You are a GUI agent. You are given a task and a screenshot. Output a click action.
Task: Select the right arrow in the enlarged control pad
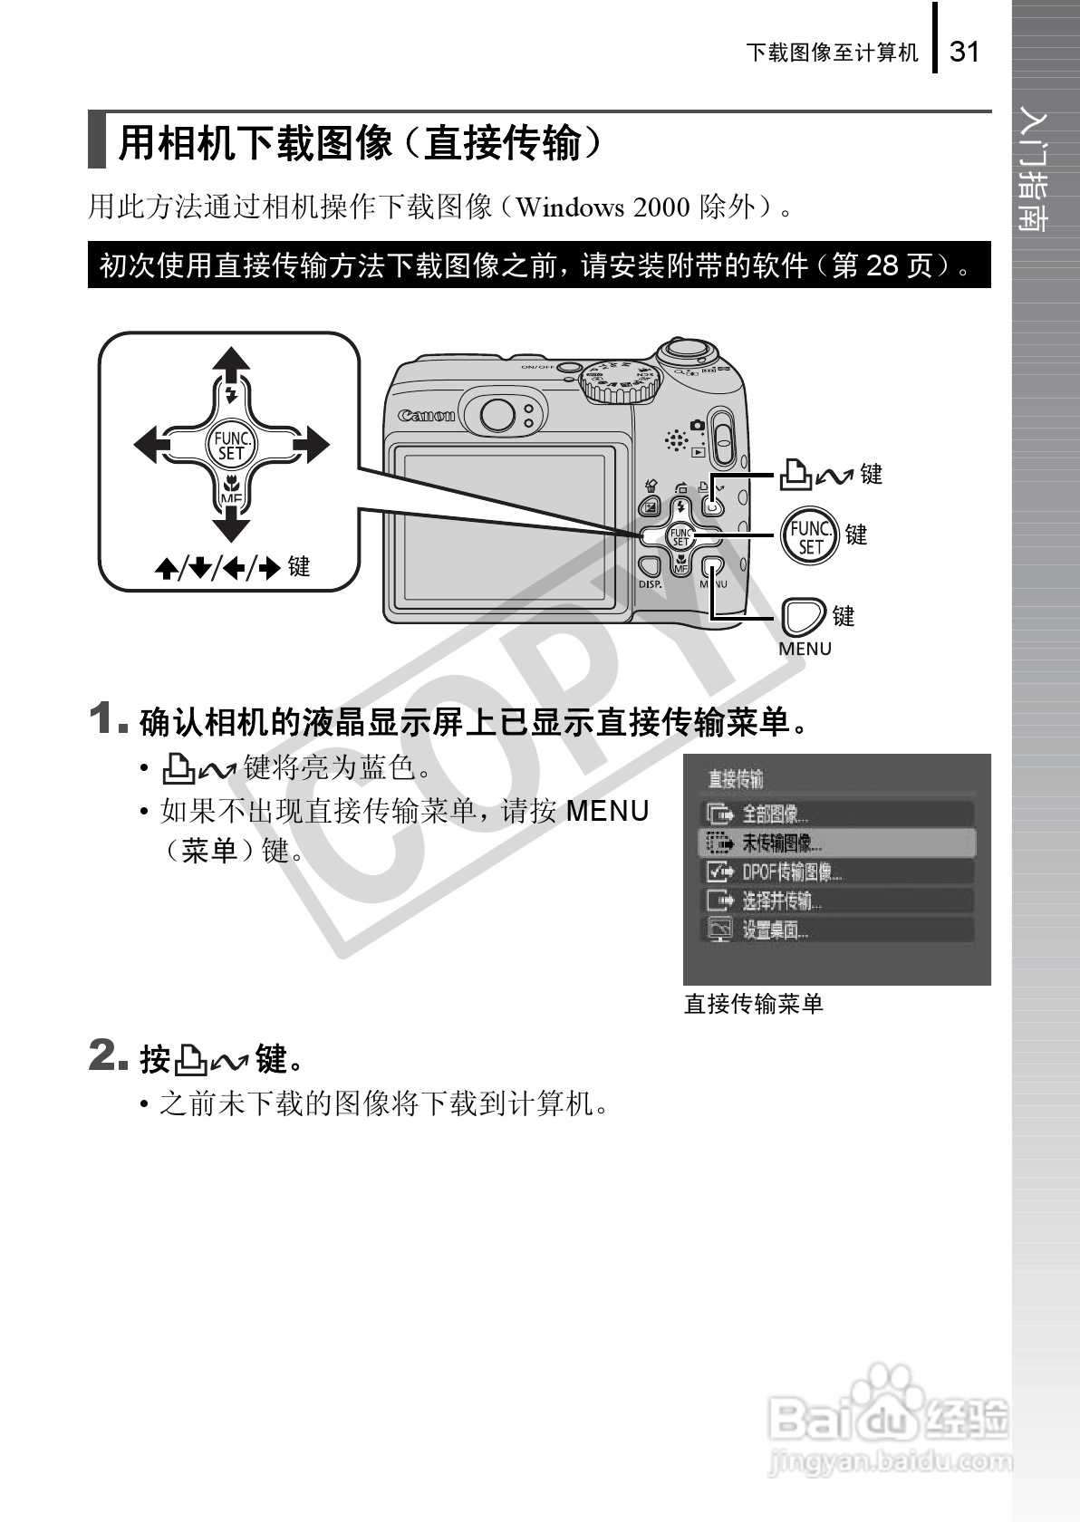point(309,445)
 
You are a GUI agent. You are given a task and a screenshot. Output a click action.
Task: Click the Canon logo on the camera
point(426,416)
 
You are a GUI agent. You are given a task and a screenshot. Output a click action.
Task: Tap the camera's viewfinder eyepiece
point(497,415)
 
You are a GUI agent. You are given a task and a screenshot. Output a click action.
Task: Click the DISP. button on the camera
point(650,569)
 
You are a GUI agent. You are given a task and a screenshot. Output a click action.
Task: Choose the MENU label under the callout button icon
point(805,650)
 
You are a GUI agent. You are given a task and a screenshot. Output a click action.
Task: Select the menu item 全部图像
point(776,814)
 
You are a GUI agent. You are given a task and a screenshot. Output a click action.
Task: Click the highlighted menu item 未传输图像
point(782,843)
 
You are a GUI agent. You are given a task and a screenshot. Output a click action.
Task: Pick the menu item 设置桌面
point(775,930)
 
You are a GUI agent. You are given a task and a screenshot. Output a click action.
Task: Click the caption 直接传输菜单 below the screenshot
point(754,1004)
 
